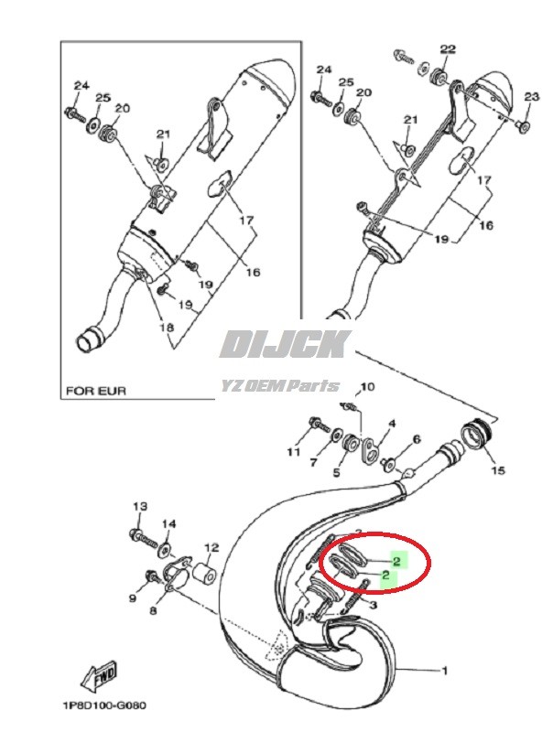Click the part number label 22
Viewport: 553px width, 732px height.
pos(447,48)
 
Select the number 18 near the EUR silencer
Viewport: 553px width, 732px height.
pos(168,327)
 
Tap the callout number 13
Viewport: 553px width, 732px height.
pos(140,506)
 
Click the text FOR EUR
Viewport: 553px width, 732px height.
pos(95,391)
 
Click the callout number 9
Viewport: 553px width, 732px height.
pos(131,599)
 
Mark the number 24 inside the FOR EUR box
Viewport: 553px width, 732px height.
pos(81,86)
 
